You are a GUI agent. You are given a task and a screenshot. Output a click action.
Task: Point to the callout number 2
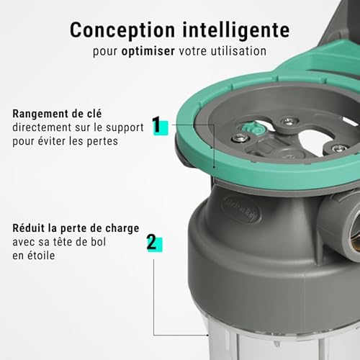[x=151, y=241]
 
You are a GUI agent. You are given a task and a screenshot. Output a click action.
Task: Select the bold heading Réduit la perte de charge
[x=75, y=228]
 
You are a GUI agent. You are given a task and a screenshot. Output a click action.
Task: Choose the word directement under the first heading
[x=41, y=126]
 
